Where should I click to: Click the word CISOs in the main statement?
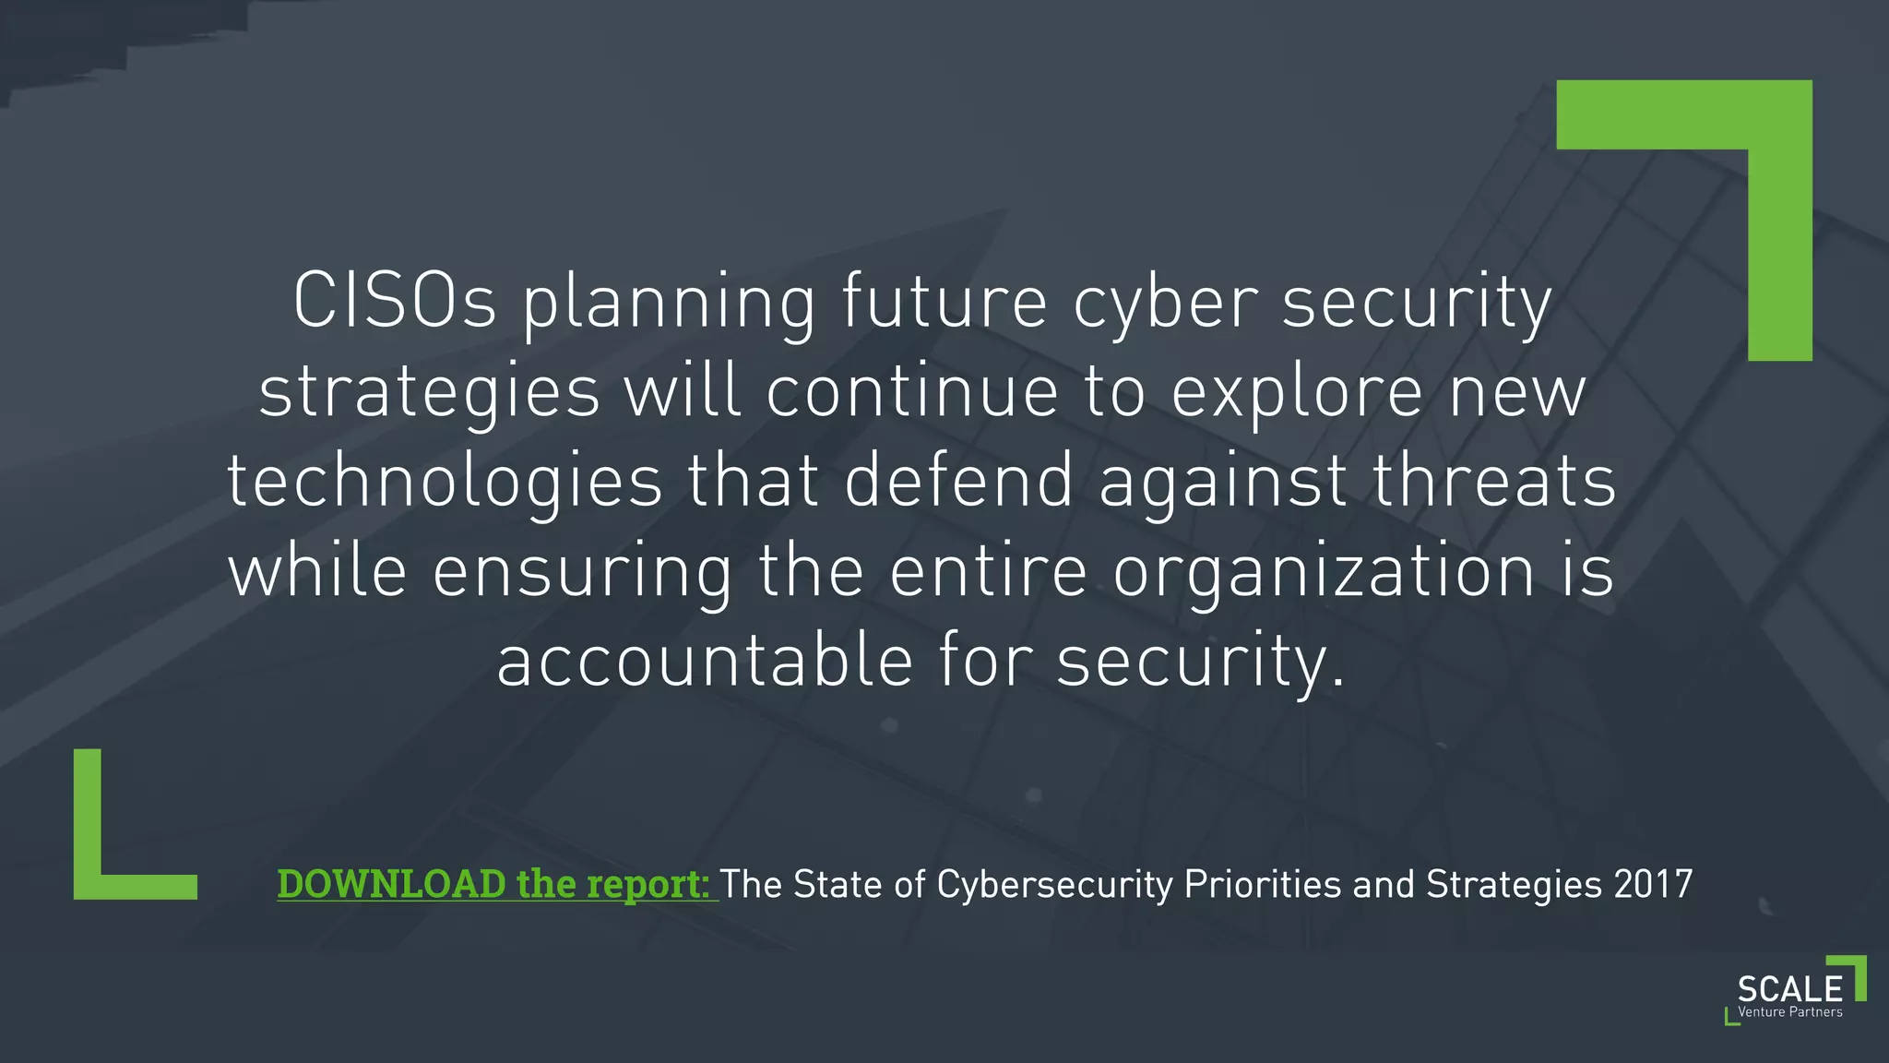click(395, 301)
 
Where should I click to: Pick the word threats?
click(1494, 482)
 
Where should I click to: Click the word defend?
click(959, 482)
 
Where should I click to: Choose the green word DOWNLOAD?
click(391, 884)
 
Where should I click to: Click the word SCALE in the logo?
click(1789, 989)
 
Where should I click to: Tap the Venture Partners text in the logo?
click(1789, 1012)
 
